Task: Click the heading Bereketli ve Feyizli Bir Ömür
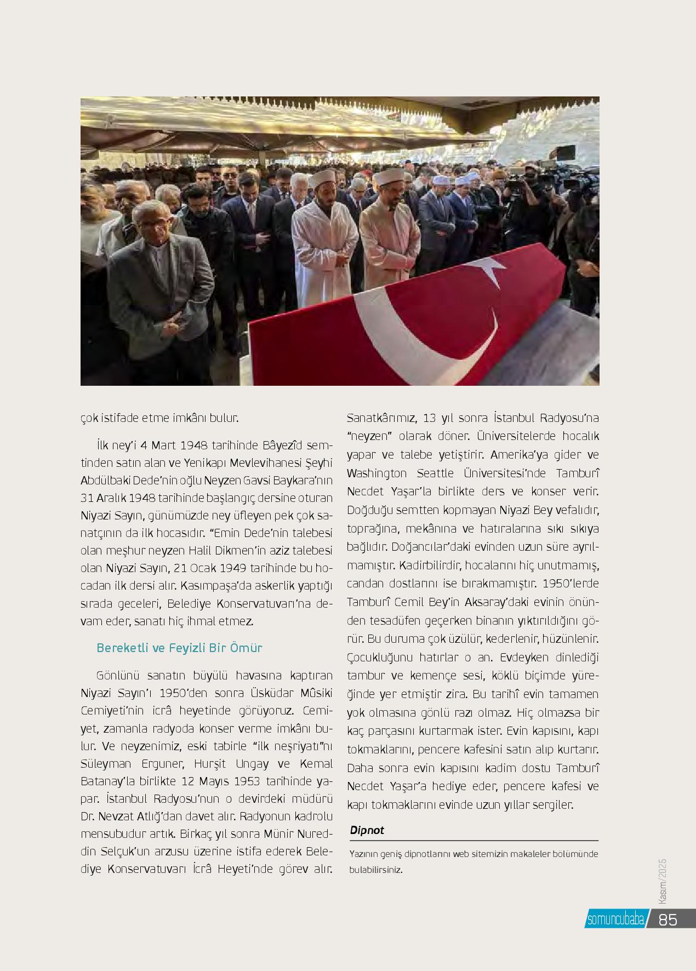click(x=179, y=648)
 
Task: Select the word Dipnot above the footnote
click(x=367, y=830)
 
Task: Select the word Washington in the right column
click(x=377, y=473)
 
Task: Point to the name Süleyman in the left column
click(x=104, y=763)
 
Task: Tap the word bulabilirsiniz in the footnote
click(x=376, y=869)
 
